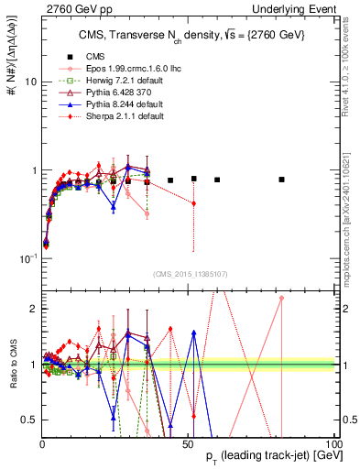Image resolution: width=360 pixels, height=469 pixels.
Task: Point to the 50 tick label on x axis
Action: point(187,443)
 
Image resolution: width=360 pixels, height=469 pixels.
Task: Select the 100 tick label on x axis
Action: point(332,443)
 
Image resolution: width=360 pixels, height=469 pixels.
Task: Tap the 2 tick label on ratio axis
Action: point(31,309)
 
